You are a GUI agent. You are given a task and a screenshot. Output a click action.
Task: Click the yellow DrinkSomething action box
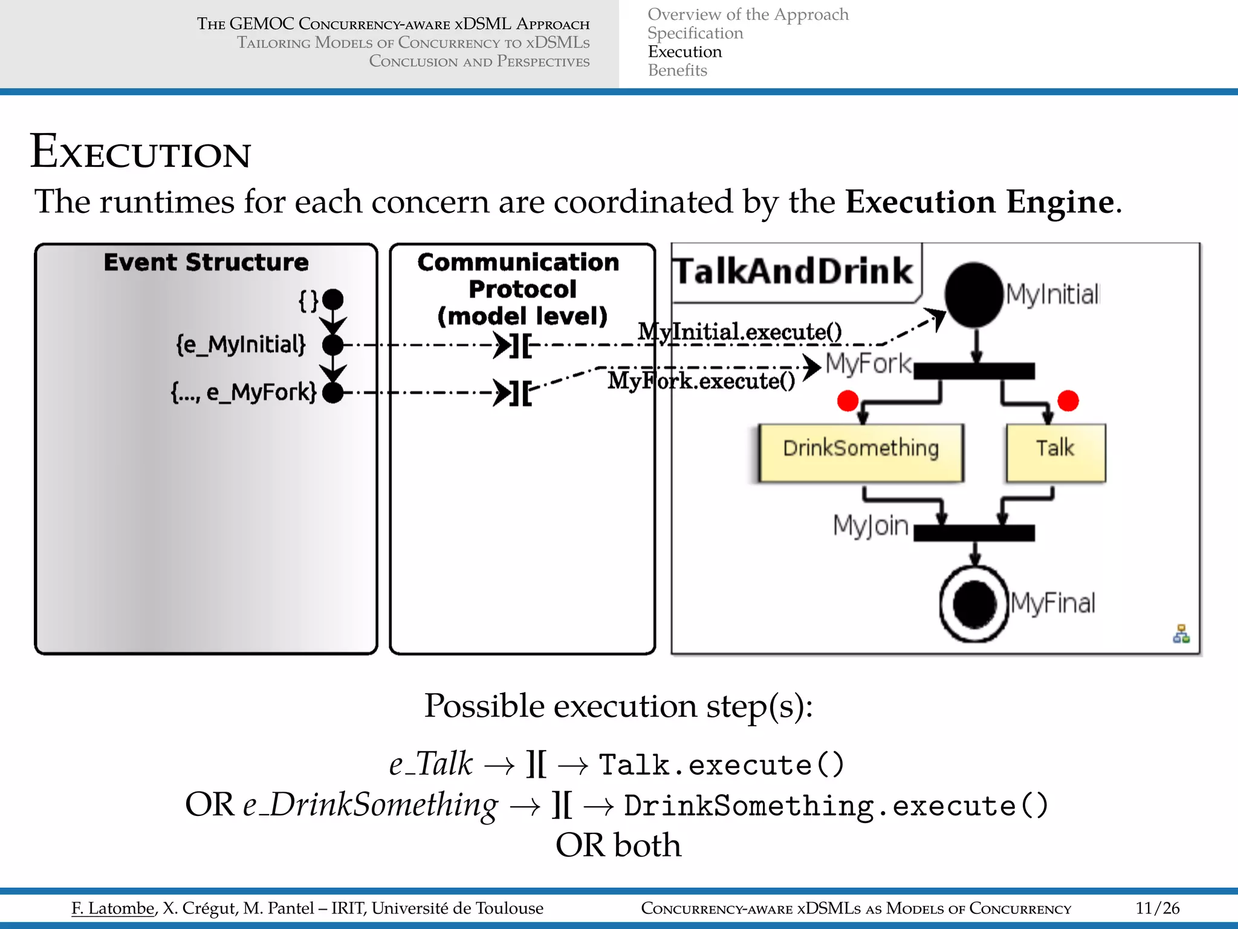tap(860, 452)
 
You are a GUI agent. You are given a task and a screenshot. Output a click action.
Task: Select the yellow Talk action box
tap(1055, 452)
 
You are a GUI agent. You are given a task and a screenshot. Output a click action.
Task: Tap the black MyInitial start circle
tap(974, 295)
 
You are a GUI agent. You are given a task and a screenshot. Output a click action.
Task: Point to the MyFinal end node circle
tap(974, 603)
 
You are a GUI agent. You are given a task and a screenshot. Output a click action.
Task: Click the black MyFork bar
tap(974, 371)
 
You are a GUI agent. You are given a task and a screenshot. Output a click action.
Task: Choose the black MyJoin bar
tap(974, 532)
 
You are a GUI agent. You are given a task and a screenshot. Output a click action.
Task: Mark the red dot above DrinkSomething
tap(847, 400)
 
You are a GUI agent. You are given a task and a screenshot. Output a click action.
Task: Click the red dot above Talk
tap(1068, 400)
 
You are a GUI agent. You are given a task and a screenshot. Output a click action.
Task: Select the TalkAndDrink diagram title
tap(793, 271)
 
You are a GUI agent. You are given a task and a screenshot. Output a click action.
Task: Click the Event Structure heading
tap(206, 262)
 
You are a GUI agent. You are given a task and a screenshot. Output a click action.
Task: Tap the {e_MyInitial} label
tap(241, 345)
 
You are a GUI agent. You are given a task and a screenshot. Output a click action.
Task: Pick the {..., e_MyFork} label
tap(244, 393)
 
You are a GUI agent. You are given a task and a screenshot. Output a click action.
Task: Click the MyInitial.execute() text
tap(739, 331)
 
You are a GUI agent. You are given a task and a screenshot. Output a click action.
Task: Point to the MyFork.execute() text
tap(701, 381)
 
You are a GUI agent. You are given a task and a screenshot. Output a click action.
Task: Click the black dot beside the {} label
tap(332, 299)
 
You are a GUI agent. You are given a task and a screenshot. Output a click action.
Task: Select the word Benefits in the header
tap(677, 71)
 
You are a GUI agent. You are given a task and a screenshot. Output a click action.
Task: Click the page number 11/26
tap(1157, 908)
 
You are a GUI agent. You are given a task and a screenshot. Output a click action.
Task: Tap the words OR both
tap(618, 845)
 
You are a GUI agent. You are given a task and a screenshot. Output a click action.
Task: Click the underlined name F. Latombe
tap(113, 908)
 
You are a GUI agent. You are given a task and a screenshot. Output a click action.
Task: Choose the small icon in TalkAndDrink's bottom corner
tap(1181, 634)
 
